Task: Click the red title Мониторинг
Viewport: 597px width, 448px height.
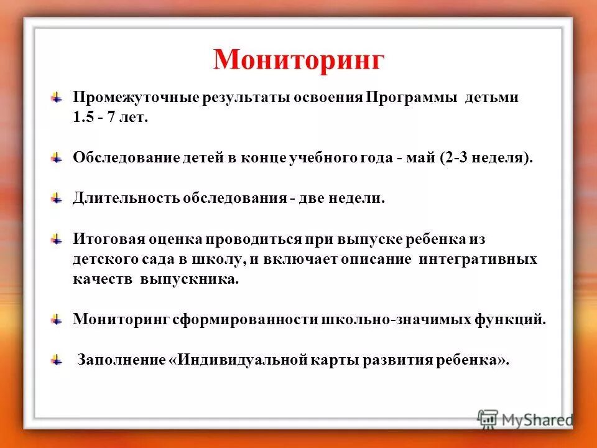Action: (x=298, y=59)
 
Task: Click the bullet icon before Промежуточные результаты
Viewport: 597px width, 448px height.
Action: (x=57, y=98)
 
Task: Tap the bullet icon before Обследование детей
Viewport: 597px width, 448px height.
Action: (x=57, y=158)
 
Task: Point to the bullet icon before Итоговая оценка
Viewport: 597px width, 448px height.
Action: (x=57, y=239)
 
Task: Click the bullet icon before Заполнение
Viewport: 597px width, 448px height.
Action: (x=57, y=360)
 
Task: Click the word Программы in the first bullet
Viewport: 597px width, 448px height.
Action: (x=412, y=99)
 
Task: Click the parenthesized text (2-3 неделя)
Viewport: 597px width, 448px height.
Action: (x=486, y=159)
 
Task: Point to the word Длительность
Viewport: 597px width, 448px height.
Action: (x=126, y=198)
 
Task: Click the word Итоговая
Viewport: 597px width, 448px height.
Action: (x=107, y=240)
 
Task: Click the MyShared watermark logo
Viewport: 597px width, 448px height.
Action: (x=525, y=419)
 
